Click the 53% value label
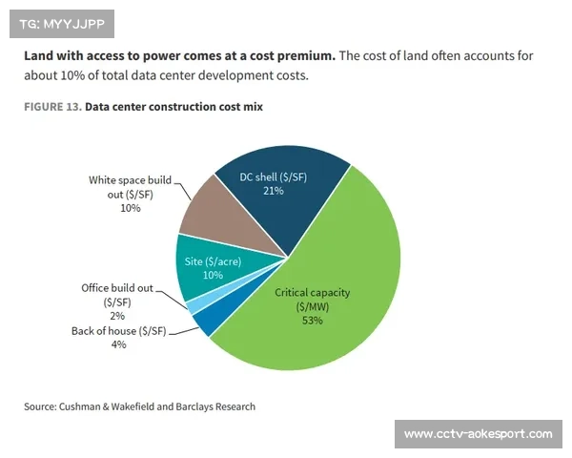coord(313,321)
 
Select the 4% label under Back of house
coord(118,344)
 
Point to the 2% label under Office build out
coord(117,315)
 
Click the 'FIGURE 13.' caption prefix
coord(51,108)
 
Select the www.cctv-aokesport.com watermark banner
coord(478,434)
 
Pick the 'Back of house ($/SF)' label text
coord(118,331)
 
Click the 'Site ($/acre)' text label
coord(213,260)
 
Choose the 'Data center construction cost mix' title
coord(174,108)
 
